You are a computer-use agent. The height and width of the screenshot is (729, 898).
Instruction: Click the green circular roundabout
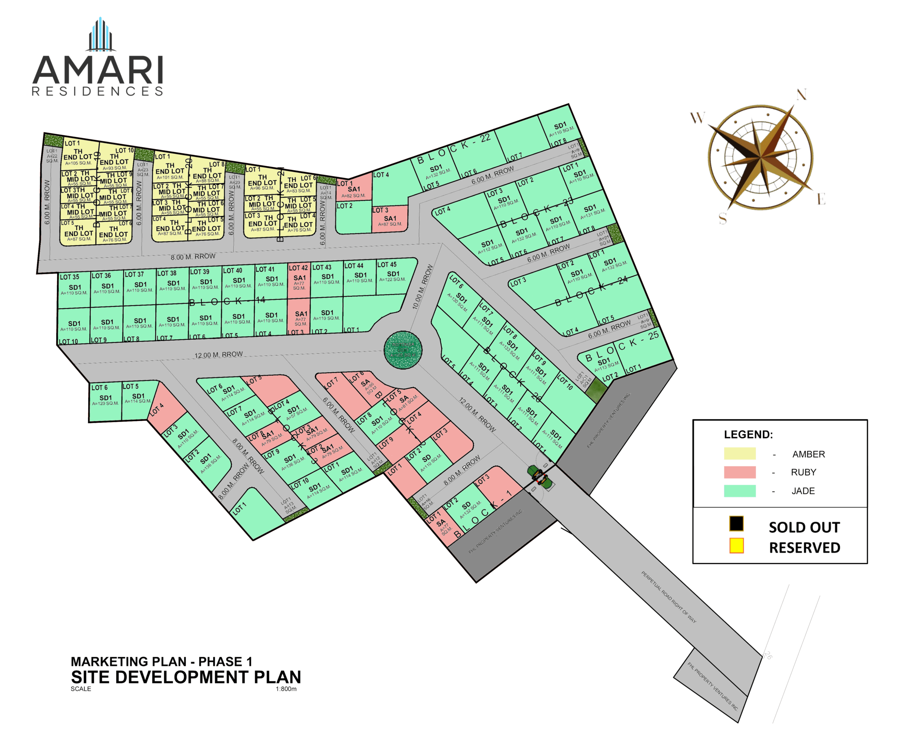pos(403,350)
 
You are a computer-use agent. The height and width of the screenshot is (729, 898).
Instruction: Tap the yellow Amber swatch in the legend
pos(739,453)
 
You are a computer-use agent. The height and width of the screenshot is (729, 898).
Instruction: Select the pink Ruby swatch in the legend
pos(739,472)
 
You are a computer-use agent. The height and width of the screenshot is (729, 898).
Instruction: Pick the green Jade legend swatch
pos(739,491)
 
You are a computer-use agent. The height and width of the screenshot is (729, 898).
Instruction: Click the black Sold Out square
pos(736,523)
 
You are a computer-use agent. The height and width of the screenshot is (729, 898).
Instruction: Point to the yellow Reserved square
pos(736,545)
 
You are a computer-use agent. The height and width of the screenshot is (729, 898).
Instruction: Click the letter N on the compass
pos(801,94)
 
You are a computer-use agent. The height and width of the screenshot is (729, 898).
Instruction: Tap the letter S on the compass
pos(723,218)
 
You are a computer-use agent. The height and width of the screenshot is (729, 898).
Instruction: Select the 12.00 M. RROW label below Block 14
pos(218,354)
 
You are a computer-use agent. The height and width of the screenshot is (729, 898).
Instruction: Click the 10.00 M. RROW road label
pos(422,287)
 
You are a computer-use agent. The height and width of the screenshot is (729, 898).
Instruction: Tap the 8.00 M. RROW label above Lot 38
pos(193,256)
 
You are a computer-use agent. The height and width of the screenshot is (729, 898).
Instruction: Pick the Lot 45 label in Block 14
pos(387,264)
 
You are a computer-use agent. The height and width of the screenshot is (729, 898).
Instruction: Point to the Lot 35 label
pos(69,277)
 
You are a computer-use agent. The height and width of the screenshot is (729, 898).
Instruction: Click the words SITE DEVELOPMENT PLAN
pos(186,677)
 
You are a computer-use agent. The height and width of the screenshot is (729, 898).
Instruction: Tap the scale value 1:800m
pos(286,689)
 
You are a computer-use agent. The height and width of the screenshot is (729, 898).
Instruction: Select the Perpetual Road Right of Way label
pos(669,597)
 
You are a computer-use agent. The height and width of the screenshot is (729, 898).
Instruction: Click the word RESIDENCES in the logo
pos(97,91)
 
